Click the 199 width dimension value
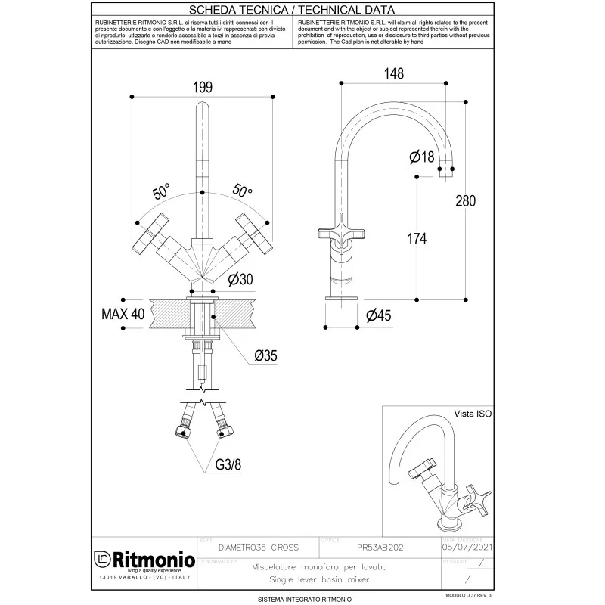[x=201, y=88]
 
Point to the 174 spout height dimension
[x=417, y=239]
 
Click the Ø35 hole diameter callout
[x=269, y=355]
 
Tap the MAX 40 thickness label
[x=123, y=314]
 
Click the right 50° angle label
[x=242, y=191]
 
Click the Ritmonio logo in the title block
[x=141, y=560]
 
